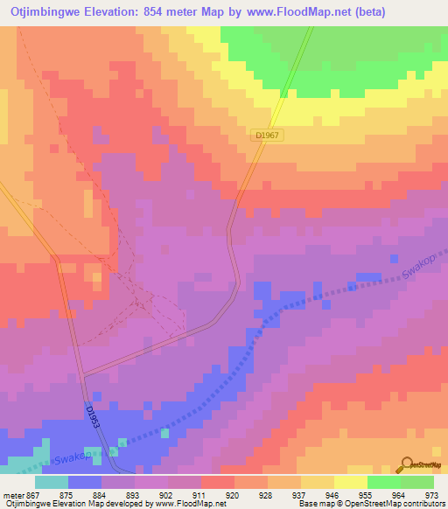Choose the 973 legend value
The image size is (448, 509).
[432, 494]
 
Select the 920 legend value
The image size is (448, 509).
[232, 494]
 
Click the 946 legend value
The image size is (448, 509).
[332, 494]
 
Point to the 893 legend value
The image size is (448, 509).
[133, 494]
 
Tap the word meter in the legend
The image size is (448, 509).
[14, 494]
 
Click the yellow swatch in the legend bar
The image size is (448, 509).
[350, 482]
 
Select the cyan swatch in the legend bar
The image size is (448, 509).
[51, 482]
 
